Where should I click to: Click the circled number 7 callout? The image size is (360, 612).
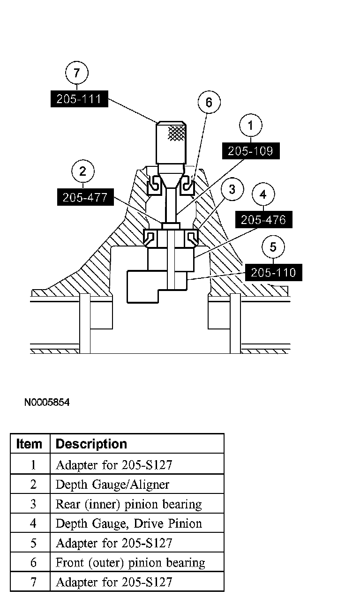pyautogui.click(x=77, y=73)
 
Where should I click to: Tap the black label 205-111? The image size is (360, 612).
pyautogui.click(x=79, y=99)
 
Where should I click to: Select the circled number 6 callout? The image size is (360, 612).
pyautogui.click(x=209, y=103)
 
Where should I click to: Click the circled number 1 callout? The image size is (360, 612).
pyautogui.click(x=250, y=125)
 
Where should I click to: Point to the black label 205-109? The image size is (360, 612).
pyautogui.click(x=250, y=151)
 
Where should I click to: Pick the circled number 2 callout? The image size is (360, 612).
pyautogui.click(x=83, y=171)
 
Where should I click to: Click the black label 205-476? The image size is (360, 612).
pyautogui.click(x=263, y=219)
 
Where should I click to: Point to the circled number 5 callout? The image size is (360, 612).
pyautogui.click(x=274, y=246)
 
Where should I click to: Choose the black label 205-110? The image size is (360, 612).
pyautogui.click(x=274, y=272)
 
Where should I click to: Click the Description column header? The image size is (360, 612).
pyautogui.click(x=91, y=444)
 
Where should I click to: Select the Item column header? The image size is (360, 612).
pyautogui.click(x=29, y=444)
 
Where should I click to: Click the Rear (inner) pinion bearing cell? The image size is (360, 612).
pyautogui.click(x=128, y=504)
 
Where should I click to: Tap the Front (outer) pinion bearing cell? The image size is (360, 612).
pyautogui.click(x=130, y=562)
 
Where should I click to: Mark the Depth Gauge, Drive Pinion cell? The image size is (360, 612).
pyautogui.click(x=128, y=523)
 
